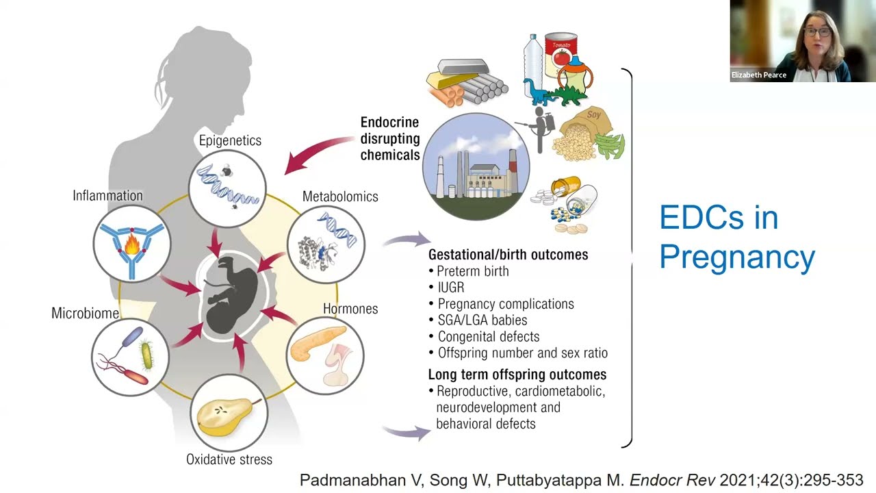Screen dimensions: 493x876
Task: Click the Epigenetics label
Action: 230,140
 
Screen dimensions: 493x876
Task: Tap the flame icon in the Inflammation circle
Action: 132,243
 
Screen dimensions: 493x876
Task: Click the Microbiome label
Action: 85,313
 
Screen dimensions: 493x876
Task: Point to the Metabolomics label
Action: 340,197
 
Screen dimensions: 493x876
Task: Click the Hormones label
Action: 350,309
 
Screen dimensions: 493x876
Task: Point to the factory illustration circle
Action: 476,166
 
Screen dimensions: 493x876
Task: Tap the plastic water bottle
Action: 533,58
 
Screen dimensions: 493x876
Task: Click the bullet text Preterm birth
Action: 472,271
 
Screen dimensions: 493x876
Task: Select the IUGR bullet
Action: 450,288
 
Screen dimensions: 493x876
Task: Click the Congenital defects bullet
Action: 488,337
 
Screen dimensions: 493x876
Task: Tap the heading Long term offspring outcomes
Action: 517,375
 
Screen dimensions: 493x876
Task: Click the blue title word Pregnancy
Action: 737,257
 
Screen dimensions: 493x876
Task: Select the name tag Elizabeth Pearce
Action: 759,75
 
